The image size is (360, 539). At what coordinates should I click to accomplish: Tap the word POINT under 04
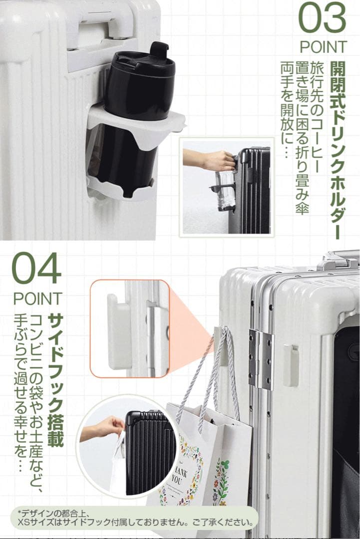(x=37, y=298)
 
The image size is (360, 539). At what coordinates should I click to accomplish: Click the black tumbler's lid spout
(x=159, y=49)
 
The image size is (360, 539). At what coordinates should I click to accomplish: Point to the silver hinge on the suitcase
(x=261, y=359)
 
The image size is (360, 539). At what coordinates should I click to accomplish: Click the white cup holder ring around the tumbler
(x=135, y=117)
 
